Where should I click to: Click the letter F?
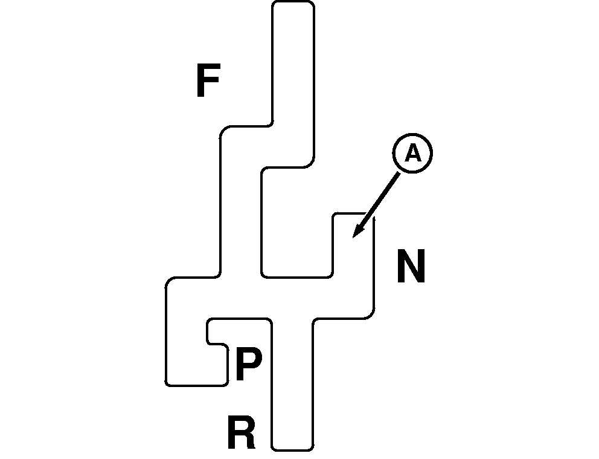207,81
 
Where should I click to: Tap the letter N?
411,267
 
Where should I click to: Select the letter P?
248,364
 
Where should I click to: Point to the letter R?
240,432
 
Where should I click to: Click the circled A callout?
412,154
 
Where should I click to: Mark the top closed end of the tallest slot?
293,2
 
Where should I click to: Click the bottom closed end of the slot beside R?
293,450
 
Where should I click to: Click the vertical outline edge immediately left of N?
374,266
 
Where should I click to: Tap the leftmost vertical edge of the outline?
166,333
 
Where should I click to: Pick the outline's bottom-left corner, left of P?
167,383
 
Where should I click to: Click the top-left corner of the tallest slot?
274,4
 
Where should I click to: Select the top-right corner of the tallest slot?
312,4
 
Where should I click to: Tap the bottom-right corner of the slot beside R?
312,448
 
